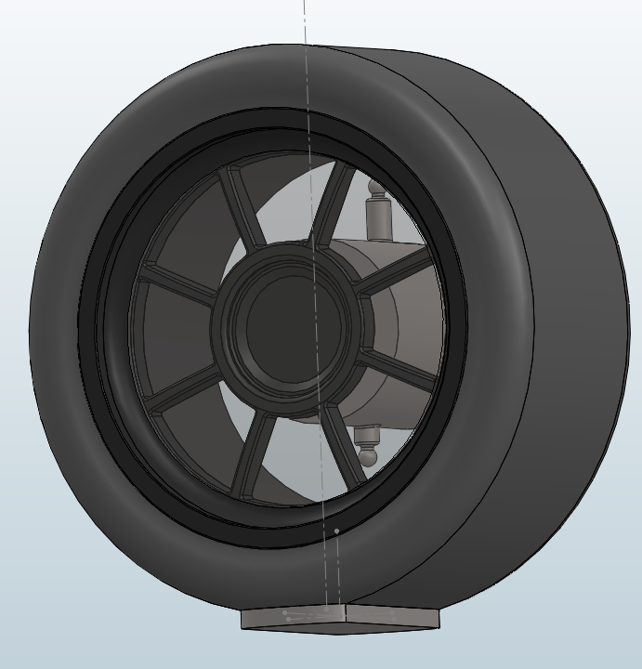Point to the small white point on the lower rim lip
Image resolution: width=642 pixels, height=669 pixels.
point(336,531)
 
